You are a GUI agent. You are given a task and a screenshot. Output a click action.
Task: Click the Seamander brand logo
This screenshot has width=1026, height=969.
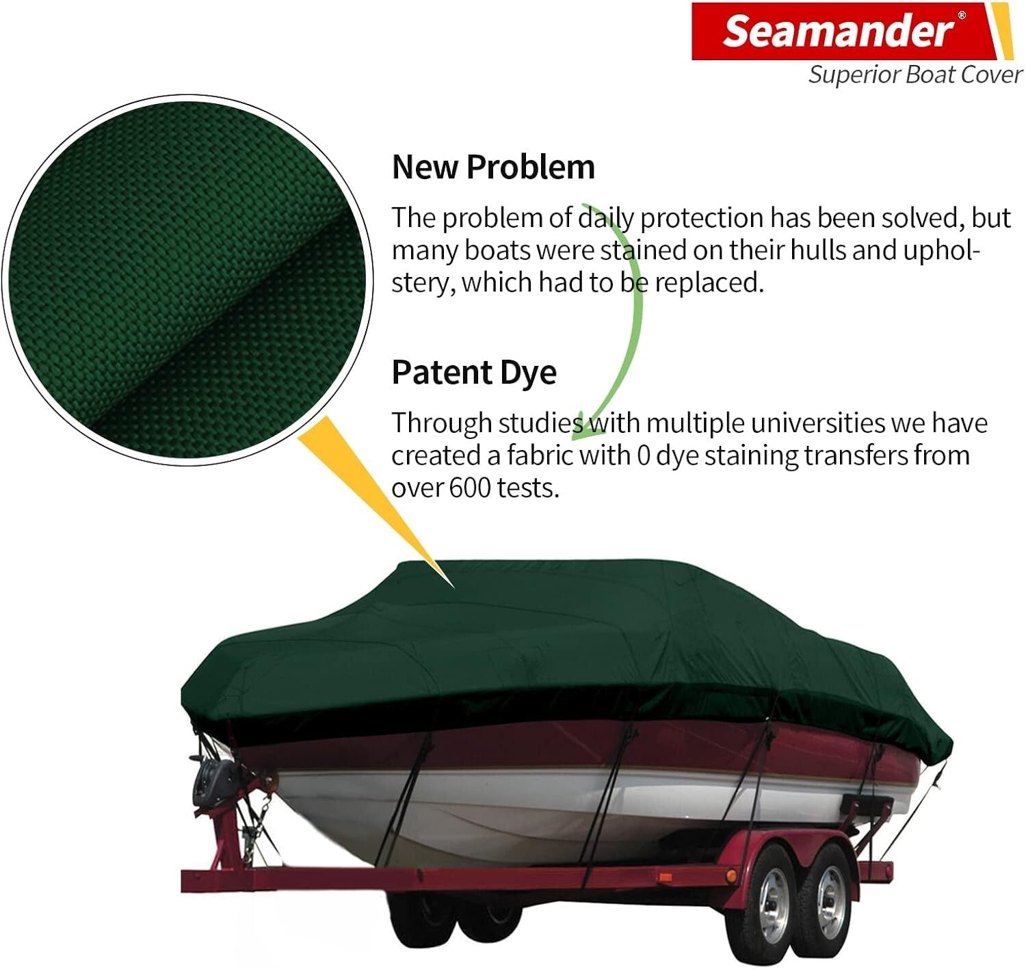coord(838,31)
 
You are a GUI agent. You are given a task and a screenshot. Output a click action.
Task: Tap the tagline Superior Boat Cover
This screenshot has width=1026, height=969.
coord(915,75)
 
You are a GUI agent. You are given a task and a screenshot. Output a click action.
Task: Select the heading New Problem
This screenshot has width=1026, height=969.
coord(493,167)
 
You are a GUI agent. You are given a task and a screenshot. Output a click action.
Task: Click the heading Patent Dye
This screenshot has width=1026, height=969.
coord(474,373)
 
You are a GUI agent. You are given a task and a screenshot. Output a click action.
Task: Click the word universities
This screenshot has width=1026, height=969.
coord(817,423)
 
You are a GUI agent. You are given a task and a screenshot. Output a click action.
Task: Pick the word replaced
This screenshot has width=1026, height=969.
coord(708,282)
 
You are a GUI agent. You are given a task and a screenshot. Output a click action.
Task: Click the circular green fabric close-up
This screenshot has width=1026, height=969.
coord(188,280)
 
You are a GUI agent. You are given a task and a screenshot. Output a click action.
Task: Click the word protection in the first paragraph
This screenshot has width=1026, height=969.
coord(701,218)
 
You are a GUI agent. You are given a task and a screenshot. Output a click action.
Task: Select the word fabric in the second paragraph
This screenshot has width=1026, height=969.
coord(540,455)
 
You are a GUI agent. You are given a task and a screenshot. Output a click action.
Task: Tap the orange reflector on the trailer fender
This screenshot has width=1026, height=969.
coord(731,875)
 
